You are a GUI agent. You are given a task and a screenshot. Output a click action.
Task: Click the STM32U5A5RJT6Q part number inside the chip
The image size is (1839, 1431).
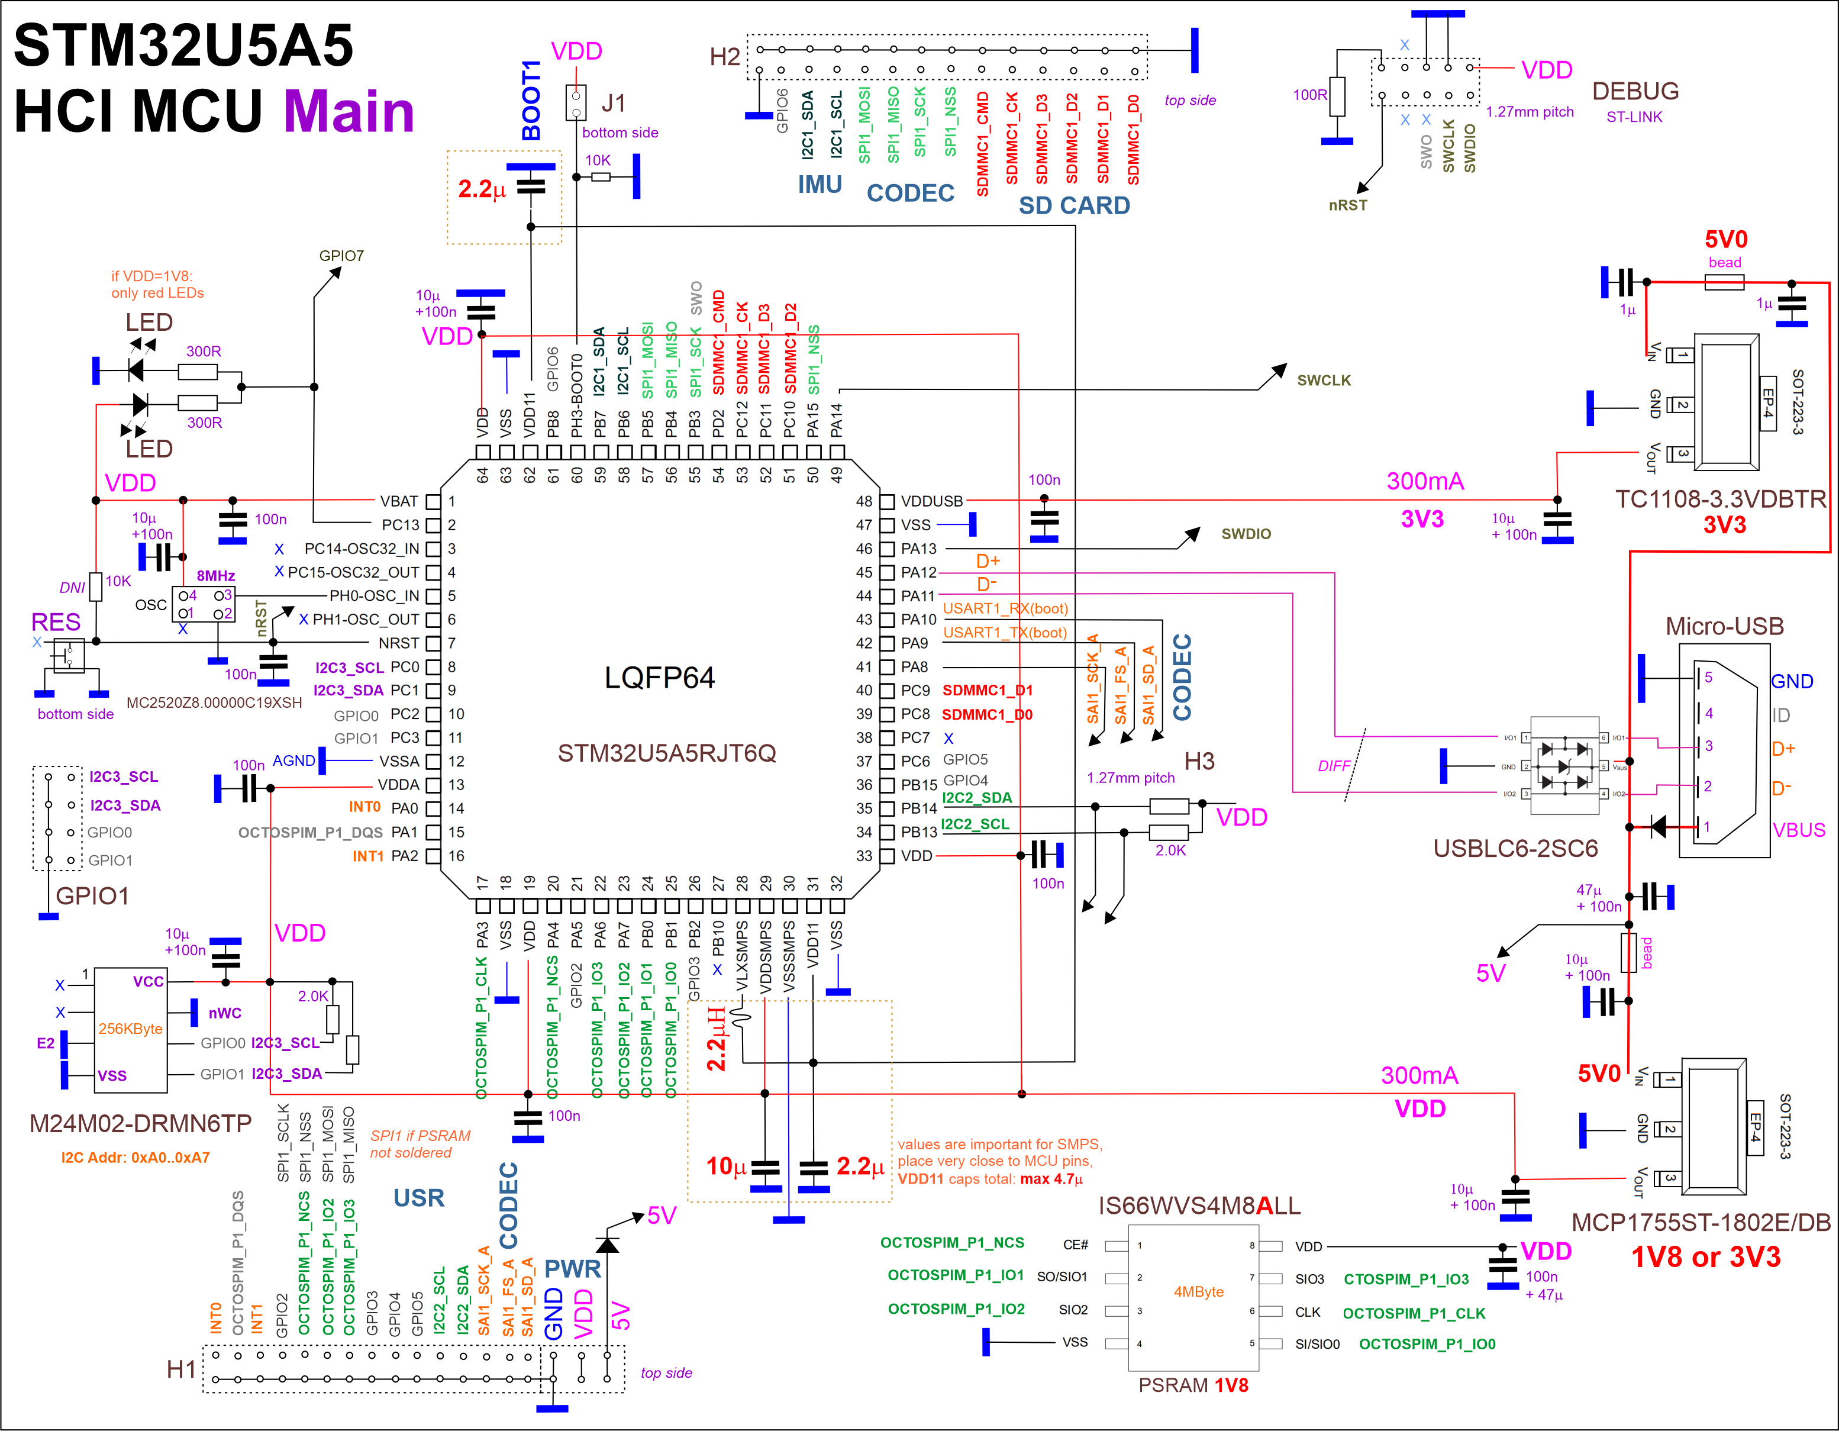[x=666, y=752]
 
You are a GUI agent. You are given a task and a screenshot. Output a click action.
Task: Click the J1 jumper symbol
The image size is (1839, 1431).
[x=576, y=103]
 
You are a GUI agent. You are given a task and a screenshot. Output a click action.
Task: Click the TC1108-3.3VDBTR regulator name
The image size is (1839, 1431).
[x=1720, y=499]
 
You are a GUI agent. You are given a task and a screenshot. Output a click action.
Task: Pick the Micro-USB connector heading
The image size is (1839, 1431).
[x=1724, y=626]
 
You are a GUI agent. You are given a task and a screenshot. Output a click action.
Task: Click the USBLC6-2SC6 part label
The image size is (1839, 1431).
[x=1516, y=848]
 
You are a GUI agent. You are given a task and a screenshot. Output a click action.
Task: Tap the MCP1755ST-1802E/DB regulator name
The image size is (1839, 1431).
[x=1701, y=1222]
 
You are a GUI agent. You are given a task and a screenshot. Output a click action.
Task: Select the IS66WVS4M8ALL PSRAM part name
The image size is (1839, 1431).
[x=1199, y=1206]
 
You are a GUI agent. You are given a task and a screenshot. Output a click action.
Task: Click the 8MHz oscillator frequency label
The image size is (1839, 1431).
[x=215, y=575]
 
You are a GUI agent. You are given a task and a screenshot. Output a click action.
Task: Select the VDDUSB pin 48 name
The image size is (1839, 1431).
[x=931, y=501]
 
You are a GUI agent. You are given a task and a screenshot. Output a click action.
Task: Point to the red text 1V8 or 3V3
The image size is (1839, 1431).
[x=1705, y=1256]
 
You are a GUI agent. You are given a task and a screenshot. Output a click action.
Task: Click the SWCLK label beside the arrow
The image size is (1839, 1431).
[x=1323, y=380]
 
